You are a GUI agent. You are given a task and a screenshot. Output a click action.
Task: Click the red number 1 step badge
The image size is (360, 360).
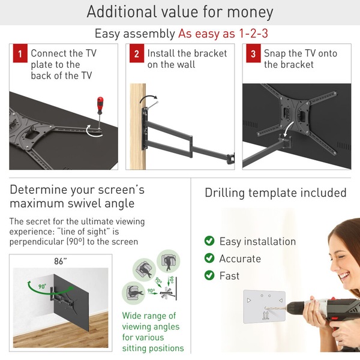[x=20, y=53]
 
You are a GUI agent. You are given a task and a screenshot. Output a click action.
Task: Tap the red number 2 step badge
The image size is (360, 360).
[x=137, y=53]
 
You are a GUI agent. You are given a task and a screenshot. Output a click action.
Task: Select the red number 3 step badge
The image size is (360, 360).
[x=253, y=53]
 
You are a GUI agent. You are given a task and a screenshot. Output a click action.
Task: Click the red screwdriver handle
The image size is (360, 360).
[x=100, y=106]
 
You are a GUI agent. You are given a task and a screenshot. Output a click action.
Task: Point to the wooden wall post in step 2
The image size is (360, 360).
[x=138, y=127]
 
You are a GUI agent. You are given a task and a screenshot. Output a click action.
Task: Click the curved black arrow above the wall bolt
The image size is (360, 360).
[x=148, y=98]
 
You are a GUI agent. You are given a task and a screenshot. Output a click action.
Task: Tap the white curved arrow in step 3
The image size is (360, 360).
[x=289, y=129]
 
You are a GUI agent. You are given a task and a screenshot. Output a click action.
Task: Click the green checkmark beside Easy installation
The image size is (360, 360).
[x=209, y=241]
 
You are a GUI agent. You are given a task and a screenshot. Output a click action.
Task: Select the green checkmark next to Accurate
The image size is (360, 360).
[x=209, y=258]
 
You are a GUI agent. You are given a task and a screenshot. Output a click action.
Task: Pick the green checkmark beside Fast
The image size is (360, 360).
[x=209, y=275]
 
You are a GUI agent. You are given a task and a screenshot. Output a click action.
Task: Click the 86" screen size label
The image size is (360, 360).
[x=61, y=261]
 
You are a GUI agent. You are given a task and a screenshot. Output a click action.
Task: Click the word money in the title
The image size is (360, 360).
[x=250, y=12]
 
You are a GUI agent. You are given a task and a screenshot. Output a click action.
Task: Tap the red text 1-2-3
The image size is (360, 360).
[x=253, y=34]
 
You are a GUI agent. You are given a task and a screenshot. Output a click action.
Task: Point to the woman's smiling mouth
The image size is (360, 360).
[x=344, y=275]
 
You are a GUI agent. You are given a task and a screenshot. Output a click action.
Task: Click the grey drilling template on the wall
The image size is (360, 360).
[x=264, y=307]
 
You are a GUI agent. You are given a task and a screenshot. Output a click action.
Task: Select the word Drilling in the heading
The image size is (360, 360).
[x=224, y=193]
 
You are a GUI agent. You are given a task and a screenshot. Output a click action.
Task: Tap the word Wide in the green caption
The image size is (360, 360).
[x=131, y=316]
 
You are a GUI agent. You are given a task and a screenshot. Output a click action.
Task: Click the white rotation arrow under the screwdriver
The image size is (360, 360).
[x=94, y=131]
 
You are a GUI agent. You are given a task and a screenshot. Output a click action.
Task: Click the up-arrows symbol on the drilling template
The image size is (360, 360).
[x=266, y=316]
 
